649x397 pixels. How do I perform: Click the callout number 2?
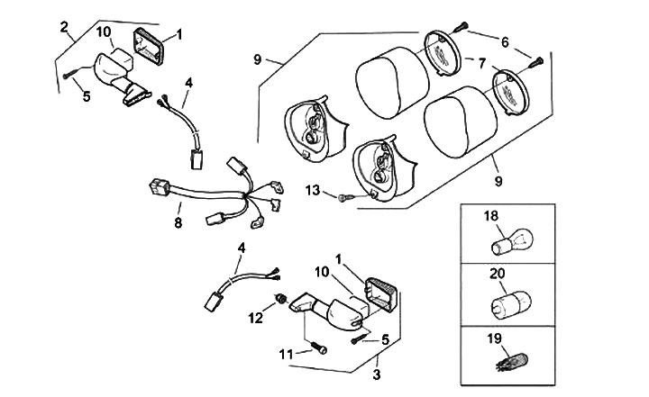pyautogui.click(x=65, y=26)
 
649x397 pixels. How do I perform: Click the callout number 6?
pyautogui.click(x=504, y=41)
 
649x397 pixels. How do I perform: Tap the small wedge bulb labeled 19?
pyautogui.click(x=510, y=363)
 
